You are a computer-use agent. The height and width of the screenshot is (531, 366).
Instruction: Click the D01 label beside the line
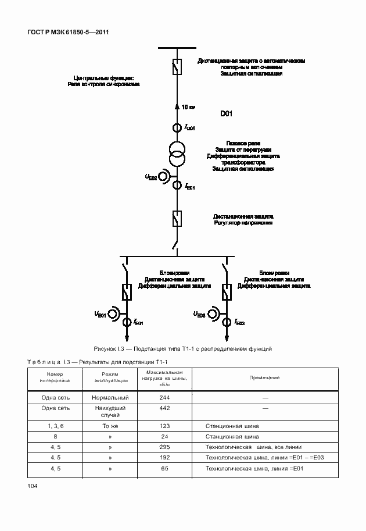click(x=226, y=114)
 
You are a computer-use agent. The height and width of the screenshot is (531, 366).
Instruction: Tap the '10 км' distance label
click(x=188, y=107)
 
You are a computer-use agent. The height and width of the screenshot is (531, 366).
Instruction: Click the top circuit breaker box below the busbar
click(x=177, y=67)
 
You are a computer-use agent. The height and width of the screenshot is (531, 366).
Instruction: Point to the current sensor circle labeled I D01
click(x=177, y=128)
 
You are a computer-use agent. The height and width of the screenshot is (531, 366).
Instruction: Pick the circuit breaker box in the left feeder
click(x=126, y=292)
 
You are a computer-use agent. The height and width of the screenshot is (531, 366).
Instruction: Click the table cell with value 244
click(x=164, y=397)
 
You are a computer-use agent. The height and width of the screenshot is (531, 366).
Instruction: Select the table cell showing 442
click(x=164, y=408)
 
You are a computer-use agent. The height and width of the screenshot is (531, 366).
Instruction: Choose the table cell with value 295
click(x=164, y=447)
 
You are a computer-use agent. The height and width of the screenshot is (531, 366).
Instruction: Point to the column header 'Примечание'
click(x=264, y=377)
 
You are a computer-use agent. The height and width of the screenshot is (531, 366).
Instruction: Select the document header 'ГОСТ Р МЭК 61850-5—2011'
click(x=69, y=33)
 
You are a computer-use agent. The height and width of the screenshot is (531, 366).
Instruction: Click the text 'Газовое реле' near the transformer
click(x=243, y=144)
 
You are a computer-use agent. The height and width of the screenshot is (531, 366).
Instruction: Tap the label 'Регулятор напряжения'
click(x=243, y=223)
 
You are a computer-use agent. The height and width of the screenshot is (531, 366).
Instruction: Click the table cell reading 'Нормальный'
click(x=110, y=397)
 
